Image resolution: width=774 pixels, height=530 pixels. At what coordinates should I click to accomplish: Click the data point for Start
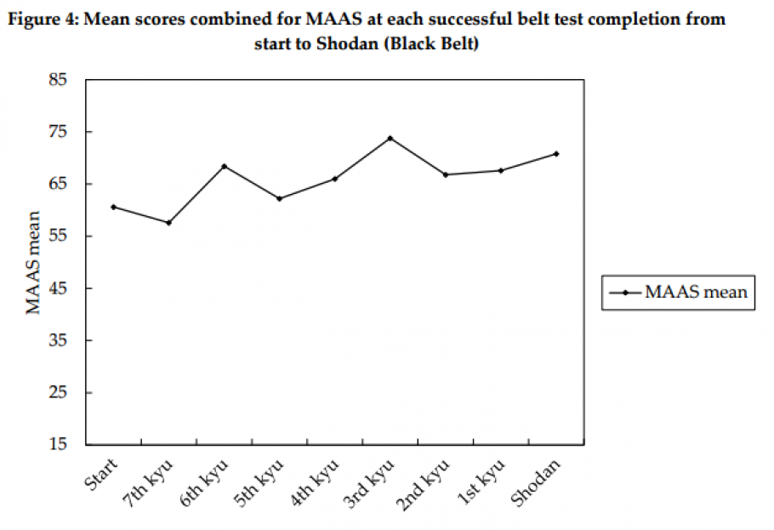[113, 207]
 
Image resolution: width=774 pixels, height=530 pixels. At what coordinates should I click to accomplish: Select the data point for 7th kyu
[168, 223]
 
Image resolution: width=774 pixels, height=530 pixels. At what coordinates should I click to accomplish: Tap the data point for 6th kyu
[224, 166]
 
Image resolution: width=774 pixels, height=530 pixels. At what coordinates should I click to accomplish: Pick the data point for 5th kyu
[279, 198]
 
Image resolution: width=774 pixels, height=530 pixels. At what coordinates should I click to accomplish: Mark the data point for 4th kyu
[334, 179]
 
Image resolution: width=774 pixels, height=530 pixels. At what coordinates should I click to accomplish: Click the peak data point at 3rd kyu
[390, 138]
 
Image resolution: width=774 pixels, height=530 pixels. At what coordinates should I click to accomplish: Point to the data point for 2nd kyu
[445, 174]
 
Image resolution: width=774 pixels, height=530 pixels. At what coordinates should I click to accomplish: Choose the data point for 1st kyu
[500, 170]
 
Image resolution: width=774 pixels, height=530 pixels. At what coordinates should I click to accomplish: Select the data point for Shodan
[555, 154]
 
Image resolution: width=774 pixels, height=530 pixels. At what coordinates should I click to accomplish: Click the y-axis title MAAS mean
[33, 262]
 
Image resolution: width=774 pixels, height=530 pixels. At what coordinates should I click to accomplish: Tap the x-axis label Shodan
[539, 482]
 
